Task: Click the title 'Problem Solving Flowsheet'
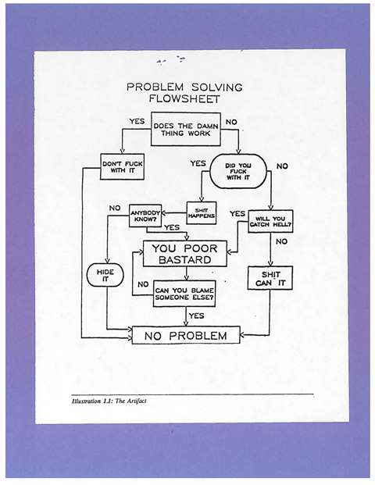coord(184,93)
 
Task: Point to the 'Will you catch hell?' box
coord(270,221)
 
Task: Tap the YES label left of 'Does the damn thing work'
coord(137,123)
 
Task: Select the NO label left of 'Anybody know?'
coord(115,209)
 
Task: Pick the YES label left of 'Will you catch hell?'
coord(237,214)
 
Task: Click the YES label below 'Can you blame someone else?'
coord(196,316)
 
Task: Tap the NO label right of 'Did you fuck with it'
coord(282,166)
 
